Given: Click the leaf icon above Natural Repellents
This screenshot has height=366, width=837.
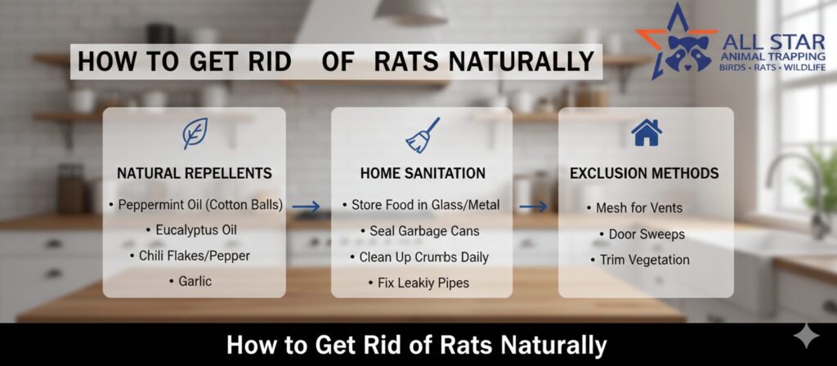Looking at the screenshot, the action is point(195,133).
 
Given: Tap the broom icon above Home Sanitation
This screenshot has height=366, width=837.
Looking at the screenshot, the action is point(423,136).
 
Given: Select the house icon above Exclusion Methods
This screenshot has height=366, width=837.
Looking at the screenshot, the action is point(647,132).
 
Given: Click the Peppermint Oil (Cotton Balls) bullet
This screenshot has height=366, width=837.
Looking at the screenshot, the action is point(195,205).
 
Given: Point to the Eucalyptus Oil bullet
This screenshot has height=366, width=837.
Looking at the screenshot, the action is point(191,230).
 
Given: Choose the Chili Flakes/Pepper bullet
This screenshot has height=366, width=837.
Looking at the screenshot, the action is point(190,256).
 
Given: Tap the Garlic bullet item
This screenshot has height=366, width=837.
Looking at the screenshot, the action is point(190,281).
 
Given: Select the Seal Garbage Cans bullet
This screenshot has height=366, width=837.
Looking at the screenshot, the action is point(419,231).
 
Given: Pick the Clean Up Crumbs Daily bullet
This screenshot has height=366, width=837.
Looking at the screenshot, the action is point(419,257).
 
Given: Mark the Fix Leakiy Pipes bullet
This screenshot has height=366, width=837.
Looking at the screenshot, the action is point(418,283).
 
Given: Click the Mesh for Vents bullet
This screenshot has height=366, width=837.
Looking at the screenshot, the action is point(634,208).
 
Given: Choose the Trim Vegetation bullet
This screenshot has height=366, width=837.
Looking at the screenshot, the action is point(640,260).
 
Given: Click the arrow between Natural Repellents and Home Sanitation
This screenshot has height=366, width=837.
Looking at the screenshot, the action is point(307,207).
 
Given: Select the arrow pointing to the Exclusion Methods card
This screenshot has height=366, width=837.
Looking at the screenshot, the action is point(533,207).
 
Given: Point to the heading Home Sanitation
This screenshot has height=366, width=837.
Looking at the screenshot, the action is point(423,173).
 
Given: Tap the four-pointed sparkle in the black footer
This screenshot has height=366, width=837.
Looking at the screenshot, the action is point(806,337).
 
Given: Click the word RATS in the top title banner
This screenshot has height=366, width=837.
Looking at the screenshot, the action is point(408,62).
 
